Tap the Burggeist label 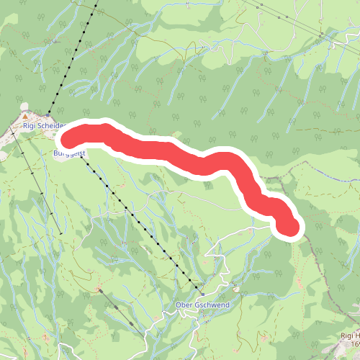point(70,153)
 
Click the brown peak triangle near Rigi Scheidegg point(26,115)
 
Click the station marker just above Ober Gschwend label point(202,294)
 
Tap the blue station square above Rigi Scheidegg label point(48,114)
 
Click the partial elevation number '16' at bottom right point(354,346)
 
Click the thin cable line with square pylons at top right point(288,17)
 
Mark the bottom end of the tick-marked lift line point(60,235)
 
